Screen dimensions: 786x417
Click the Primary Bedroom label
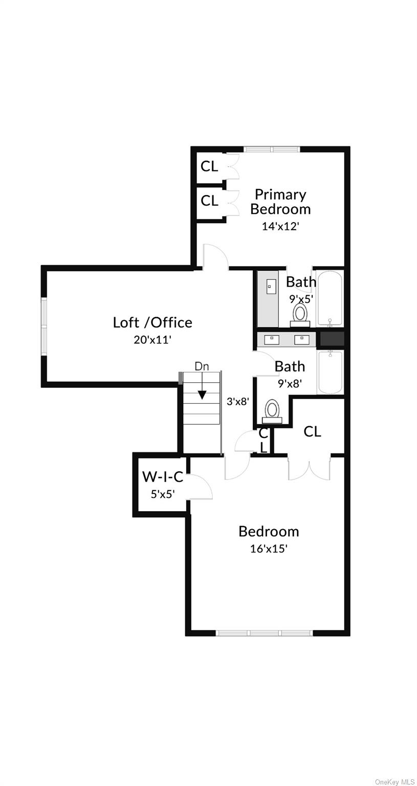click(280, 202)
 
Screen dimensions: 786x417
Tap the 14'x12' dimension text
click(280, 226)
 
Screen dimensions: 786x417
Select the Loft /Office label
click(152, 322)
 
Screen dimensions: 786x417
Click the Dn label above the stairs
click(202, 366)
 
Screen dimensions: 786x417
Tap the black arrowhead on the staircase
click(202, 395)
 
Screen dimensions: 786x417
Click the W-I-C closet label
click(163, 477)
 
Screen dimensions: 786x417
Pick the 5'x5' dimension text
click(163, 494)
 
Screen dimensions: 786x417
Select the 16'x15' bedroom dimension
click(269, 549)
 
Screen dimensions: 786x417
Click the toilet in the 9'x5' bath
click(300, 314)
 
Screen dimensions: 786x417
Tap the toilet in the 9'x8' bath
click(272, 411)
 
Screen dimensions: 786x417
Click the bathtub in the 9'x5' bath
click(331, 298)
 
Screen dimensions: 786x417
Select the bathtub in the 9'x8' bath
click(331, 372)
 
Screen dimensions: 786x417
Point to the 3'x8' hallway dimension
click(238, 402)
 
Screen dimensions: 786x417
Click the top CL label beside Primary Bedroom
click(209, 166)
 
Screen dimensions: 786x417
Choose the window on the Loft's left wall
click(44, 326)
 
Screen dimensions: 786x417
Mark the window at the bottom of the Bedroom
click(265, 633)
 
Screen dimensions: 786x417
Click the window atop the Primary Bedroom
click(271, 149)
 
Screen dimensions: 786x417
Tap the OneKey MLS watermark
click(394, 782)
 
